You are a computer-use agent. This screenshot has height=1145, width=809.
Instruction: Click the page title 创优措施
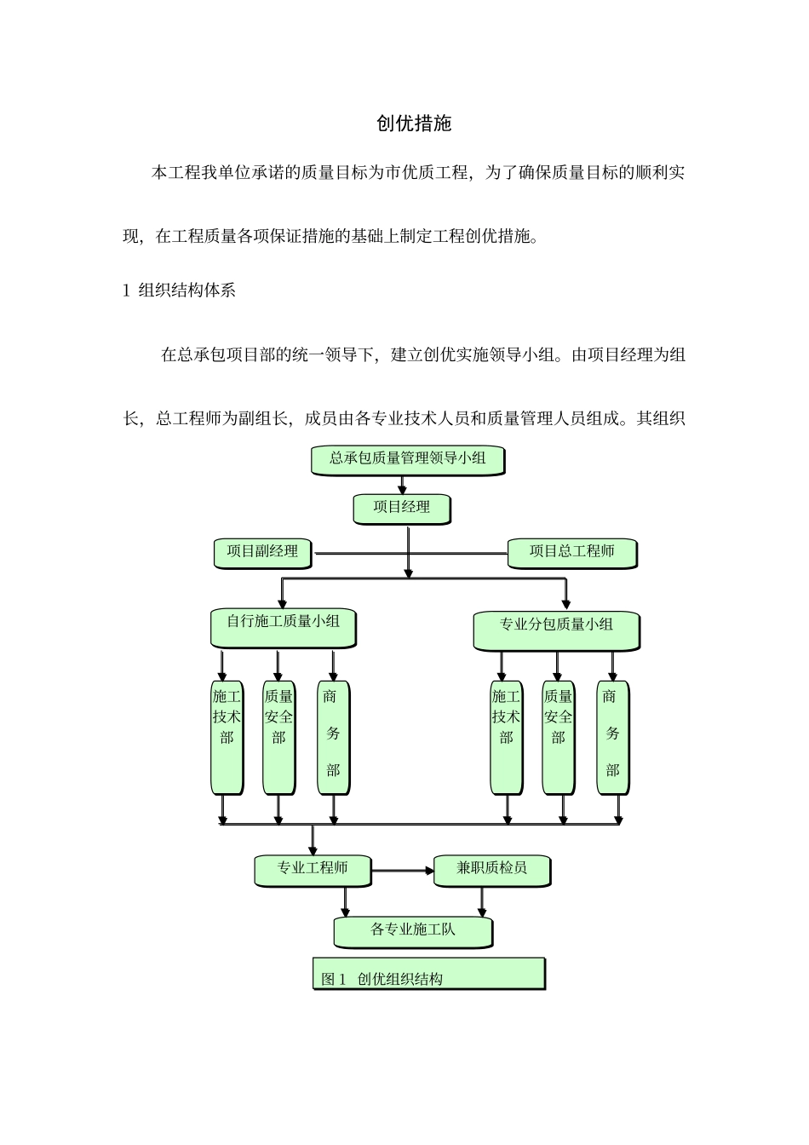click(x=414, y=124)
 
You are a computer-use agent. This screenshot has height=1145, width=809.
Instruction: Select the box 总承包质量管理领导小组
click(x=407, y=459)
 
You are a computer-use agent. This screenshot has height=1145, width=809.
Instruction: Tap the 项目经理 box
click(x=401, y=509)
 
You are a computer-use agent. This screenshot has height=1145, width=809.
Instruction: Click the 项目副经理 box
click(x=262, y=552)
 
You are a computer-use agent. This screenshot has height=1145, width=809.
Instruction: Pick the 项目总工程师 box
click(x=571, y=552)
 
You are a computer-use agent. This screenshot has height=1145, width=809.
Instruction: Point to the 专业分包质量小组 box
click(x=555, y=630)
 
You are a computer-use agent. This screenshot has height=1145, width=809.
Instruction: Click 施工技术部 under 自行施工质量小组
click(x=227, y=737)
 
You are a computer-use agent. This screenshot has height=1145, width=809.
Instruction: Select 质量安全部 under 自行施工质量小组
click(x=278, y=737)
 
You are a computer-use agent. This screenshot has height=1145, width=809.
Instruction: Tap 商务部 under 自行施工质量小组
click(x=333, y=737)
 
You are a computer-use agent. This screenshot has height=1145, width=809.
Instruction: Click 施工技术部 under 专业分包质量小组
click(x=506, y=737)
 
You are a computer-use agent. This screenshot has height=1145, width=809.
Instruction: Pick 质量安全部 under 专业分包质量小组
click(x=558, y=737)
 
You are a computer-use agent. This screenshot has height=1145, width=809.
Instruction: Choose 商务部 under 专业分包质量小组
click(x=612, y=737)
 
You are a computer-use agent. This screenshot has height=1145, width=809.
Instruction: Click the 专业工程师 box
click(x=313, y=870)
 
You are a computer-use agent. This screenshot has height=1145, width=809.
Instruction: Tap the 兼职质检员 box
click(x=491, y=870)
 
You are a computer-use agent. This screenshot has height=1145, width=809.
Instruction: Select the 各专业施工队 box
click(x=413, y=931)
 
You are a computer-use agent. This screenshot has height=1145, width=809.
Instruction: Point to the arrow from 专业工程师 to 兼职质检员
click(x=403, y=870)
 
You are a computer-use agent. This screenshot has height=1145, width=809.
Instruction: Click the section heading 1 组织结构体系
click(x=180, y=291)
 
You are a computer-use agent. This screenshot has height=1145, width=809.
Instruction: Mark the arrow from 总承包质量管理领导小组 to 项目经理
click(x=403, y=485)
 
